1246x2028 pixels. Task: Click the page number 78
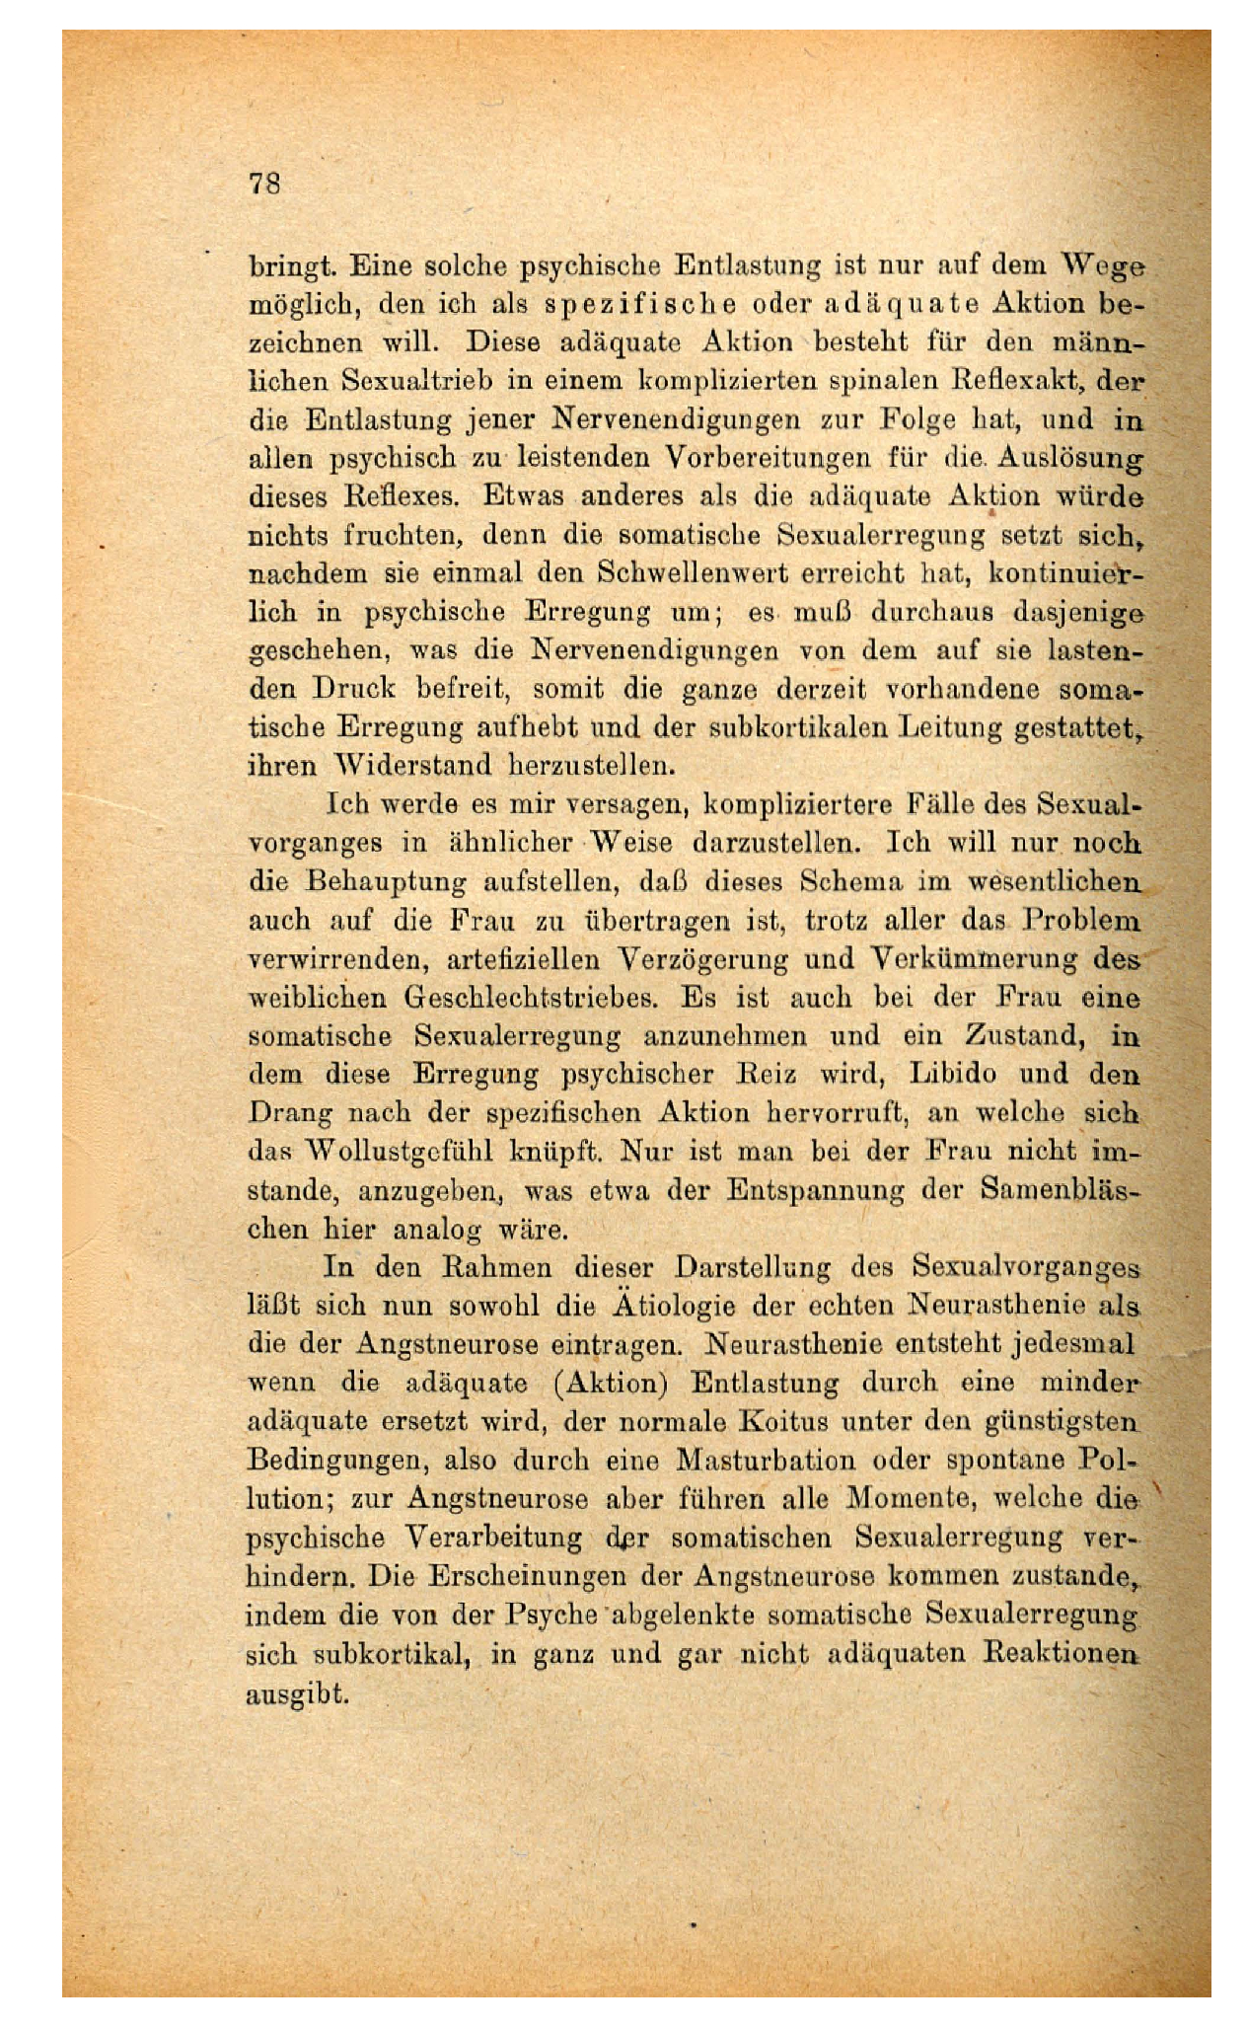pyautogui.click(x=265, y=184)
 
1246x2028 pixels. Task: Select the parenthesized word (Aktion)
pyautogui.click(x=612, y=1382)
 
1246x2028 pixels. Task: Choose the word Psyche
pyautogui.click(x=550, y=1615)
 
